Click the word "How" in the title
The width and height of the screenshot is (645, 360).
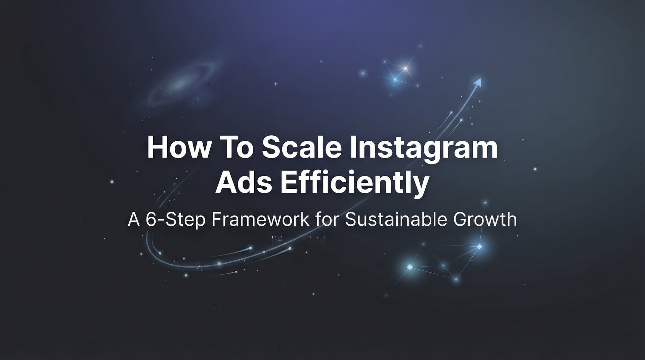click(x=178, y=148)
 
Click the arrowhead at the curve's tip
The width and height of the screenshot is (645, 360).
click(x=478, y=81)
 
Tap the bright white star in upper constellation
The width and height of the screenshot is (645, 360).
click(x=405, y=69)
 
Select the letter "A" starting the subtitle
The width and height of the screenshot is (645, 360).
click(x=134, y=220)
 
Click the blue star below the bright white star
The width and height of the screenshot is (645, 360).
click(x=395, y=80)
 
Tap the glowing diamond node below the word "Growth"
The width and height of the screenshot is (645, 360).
click(x=479, y=247)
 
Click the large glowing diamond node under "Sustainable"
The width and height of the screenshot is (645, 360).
click(x=410, y=267)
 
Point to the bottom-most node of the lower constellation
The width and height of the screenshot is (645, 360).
click(x=456, y=279)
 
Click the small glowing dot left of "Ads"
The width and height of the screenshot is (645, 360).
click(x=112, y=182)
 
